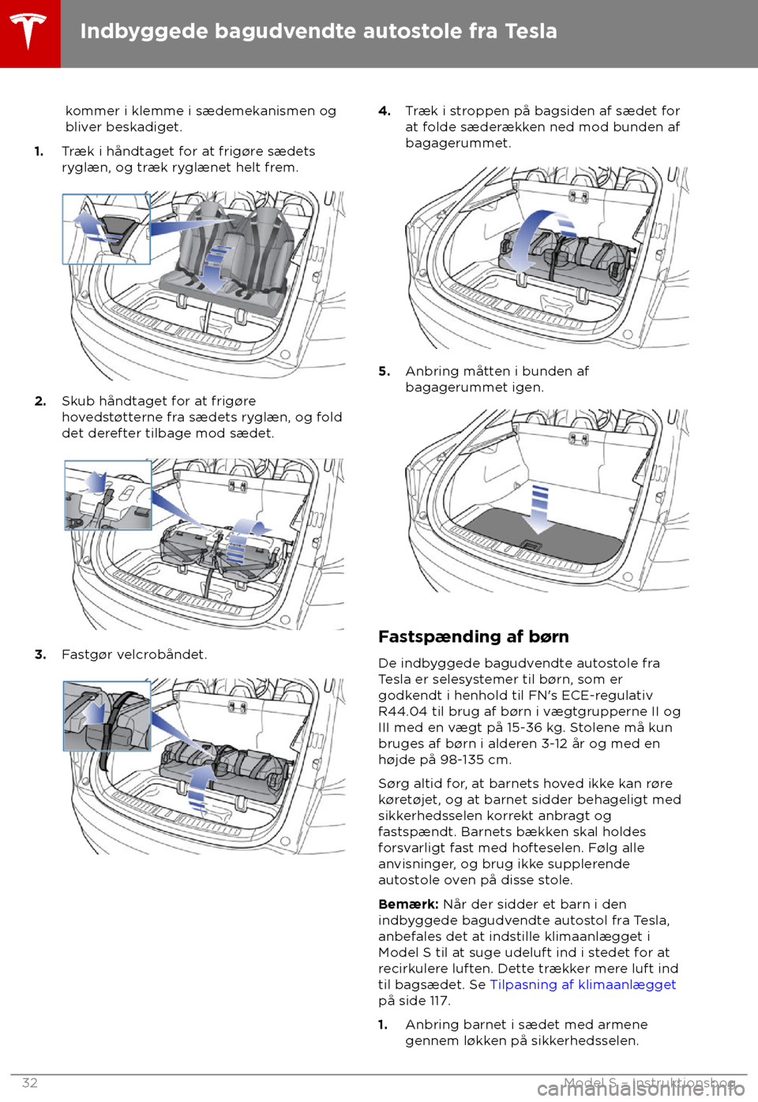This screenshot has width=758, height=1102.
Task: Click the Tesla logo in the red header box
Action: point(29,32)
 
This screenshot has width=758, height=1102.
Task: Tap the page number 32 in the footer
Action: point(30,1082)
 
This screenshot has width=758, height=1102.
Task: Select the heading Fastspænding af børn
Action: point(473,636)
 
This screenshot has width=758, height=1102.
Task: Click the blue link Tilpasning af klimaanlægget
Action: point(583,984)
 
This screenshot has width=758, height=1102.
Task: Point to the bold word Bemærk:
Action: point(408,904)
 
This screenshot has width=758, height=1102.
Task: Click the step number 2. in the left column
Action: point(40,401)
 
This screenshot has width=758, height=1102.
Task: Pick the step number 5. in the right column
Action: point(385,371)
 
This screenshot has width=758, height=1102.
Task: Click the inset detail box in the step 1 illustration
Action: point(107,229)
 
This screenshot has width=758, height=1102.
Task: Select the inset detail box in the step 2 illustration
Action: point(108,495)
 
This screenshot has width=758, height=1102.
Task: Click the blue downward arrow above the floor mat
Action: point(540,508)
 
